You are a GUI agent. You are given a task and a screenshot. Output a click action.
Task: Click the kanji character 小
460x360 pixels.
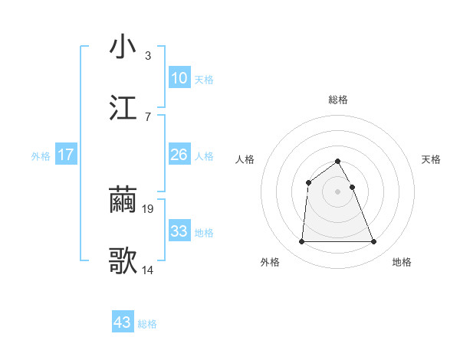[123, 47]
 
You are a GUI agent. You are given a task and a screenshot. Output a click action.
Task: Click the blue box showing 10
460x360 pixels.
[179, 78]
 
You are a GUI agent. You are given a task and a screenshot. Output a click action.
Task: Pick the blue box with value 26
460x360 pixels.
[179, 155]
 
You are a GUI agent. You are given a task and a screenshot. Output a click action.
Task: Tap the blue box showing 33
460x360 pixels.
[179, 231]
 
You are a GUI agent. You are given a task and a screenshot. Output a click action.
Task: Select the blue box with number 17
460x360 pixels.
[66, 155]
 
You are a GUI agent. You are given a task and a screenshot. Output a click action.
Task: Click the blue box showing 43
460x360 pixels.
[123, 322]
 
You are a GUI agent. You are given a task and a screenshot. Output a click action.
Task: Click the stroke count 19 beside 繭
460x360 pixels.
[148, 208]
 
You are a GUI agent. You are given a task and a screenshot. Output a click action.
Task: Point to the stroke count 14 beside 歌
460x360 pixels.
[148, 270]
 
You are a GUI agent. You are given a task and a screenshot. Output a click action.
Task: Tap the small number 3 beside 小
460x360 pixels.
[148, 55]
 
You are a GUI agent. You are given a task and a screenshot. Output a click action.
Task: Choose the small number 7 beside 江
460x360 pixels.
[148, 116]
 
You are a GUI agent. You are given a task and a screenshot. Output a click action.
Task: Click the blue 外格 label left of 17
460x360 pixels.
[41, 155]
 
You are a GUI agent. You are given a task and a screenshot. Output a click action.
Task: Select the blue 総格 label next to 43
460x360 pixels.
[147, 324]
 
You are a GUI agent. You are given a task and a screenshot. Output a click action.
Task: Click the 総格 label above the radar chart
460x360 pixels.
[338, 100]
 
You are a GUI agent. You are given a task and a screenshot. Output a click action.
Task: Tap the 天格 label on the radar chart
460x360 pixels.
[432, 159]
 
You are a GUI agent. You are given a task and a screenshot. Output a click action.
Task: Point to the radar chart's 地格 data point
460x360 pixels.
[374, 242]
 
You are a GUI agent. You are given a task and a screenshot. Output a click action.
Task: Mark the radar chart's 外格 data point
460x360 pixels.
[301, 242]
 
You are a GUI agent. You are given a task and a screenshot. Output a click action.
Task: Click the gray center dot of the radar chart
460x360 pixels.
[338, 191]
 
